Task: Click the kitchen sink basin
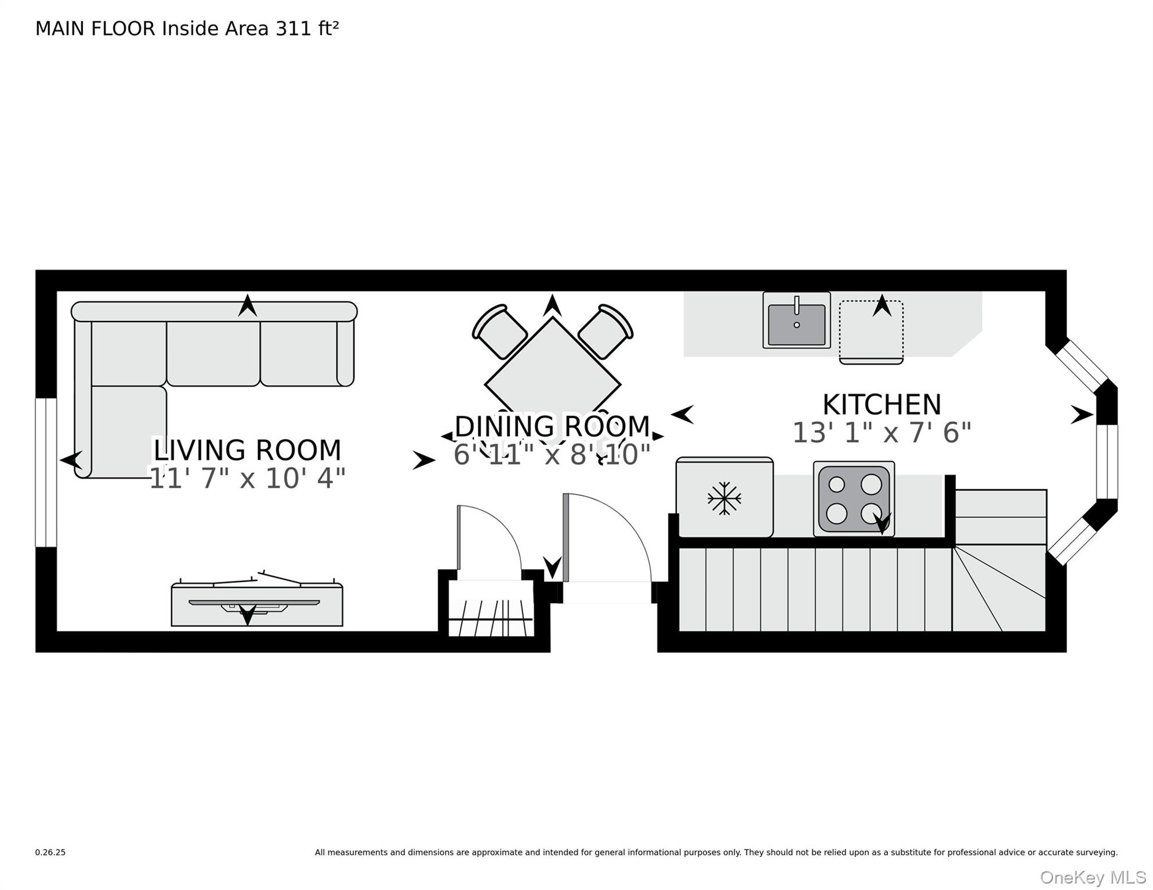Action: [796, 324]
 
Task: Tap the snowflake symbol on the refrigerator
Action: [724, 498]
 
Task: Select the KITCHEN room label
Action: [882, 404]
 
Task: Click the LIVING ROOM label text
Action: [247, 450]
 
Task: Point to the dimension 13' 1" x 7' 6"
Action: [882, 433]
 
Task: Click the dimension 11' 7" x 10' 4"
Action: [247, 479]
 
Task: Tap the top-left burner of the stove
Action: [836, 484]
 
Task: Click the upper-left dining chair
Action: [499, 331]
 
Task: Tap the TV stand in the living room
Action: [257, 606]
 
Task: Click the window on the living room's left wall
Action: [46, 472]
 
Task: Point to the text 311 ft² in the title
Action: [307, 28]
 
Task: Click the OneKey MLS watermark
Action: [1093, 878]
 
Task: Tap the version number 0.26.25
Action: [50, 852]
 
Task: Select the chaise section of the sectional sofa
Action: [129, 432]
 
